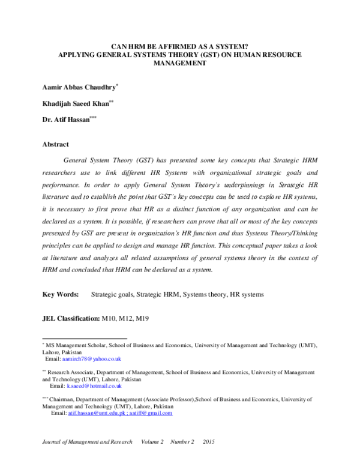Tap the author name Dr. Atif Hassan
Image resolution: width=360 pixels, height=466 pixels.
65,120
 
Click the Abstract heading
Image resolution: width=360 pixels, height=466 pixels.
55,144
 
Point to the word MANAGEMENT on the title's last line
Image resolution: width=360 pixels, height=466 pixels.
180,62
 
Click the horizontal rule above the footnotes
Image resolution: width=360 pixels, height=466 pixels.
85,339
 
